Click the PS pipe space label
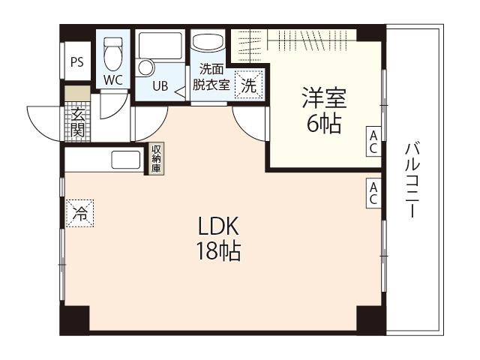76,63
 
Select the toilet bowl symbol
113,53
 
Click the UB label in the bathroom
160,85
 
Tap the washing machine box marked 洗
249,85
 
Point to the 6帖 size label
323,124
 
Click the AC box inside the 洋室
373,142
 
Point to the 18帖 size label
218,252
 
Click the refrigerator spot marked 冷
79,213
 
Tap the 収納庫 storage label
156,159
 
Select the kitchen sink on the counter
126,160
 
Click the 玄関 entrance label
76,121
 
